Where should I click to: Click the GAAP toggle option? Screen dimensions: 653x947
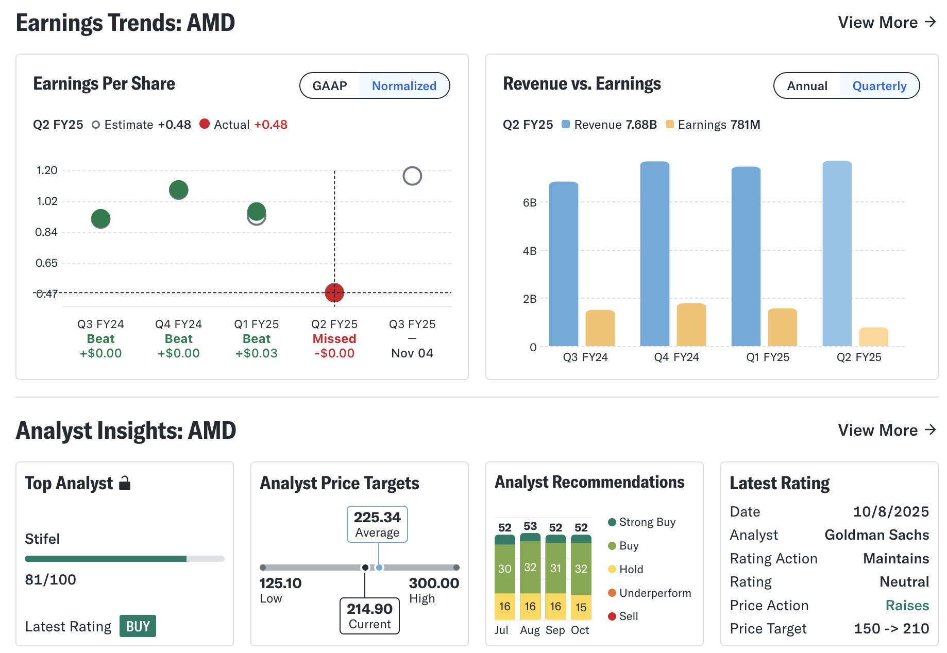pos(330,86)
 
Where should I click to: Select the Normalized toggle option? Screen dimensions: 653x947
pos(404,86)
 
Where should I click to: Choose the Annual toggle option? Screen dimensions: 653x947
pos(807,86)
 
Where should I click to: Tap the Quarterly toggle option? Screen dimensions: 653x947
pos(879,86)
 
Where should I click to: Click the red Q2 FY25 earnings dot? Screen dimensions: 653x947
pos(334,293)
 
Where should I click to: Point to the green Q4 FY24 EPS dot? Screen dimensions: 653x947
pos(179,190)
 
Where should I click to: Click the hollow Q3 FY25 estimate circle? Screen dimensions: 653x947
pos(412,176)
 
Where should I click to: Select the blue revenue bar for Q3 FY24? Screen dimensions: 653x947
pos(563,264)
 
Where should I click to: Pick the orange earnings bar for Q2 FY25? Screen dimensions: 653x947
pos(873,337)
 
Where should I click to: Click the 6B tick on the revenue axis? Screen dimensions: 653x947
pos(530,202)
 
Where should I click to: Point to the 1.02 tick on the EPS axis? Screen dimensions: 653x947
pos(47,201)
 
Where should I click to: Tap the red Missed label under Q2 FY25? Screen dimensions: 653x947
pos(334,339)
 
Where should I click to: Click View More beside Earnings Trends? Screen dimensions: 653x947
pos(886,23)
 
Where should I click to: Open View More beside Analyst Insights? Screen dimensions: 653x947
pos(886,431)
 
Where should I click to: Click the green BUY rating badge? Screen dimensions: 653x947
pos(138,626)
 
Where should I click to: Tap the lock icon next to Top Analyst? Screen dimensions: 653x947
pos(125,483)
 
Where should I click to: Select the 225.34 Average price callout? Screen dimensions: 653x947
pos(377,524)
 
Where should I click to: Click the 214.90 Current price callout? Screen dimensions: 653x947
pos(369,616)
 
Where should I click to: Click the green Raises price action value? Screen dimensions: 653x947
pos(907,606)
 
